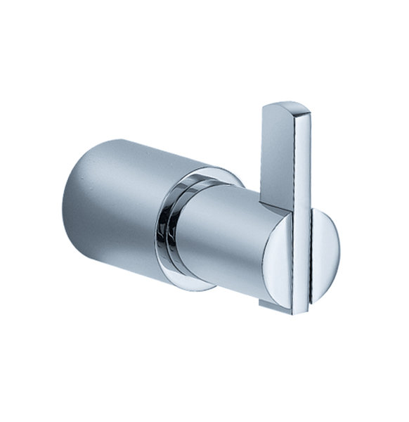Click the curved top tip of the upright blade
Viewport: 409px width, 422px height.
(x=285, y=107)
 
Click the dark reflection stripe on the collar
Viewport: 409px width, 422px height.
(x=169, y=232)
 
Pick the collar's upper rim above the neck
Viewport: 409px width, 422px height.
(x=204, y=172)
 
